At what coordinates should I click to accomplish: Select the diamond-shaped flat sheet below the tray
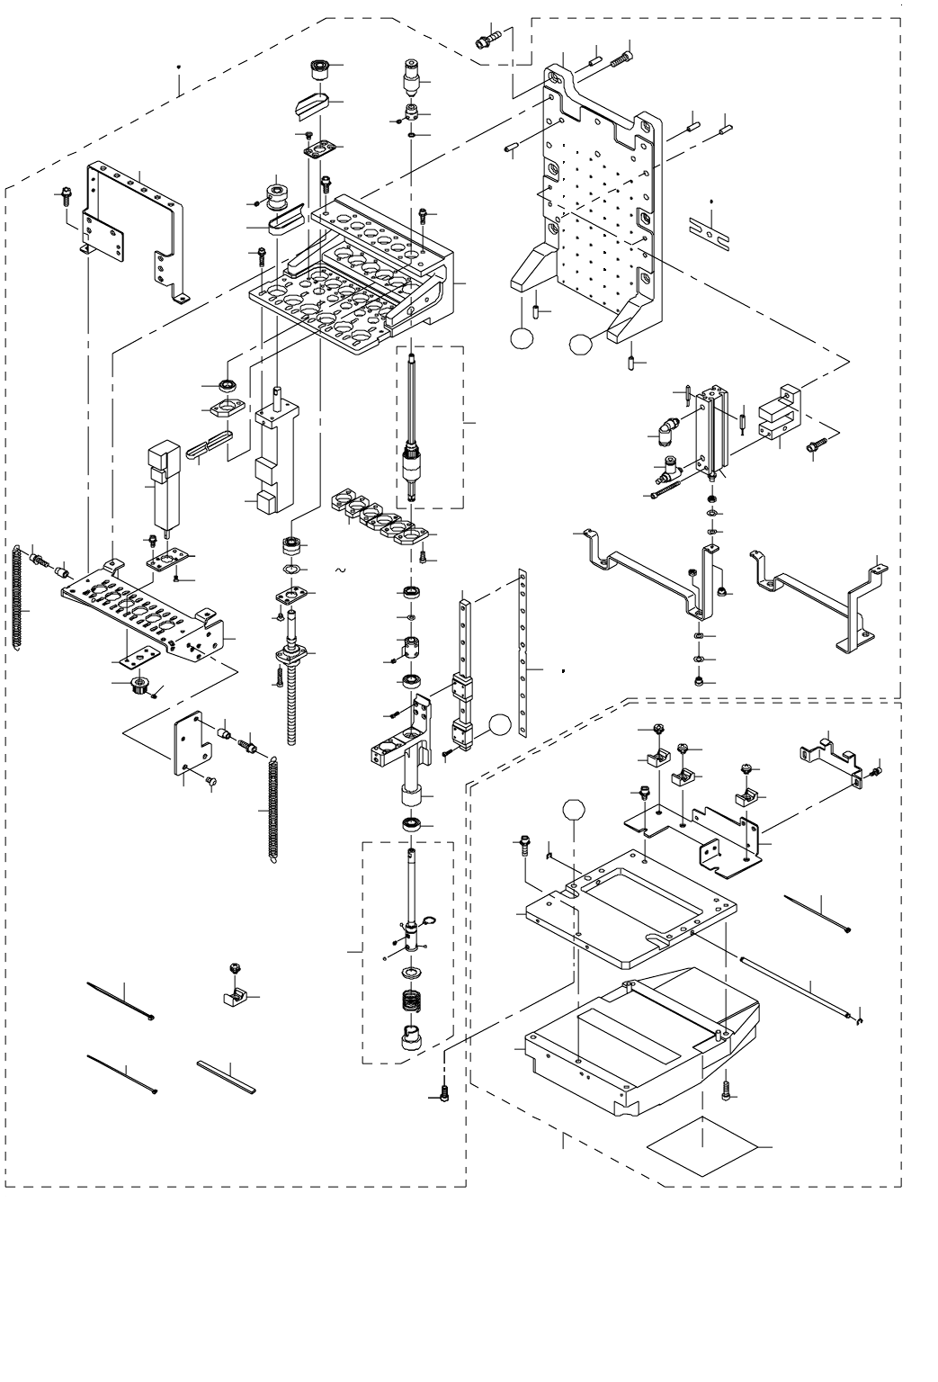click(x=702, y=1154)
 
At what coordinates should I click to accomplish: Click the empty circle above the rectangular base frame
click(x=575, y=809)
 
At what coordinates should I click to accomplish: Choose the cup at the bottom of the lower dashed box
click(x=410, y=1039)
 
